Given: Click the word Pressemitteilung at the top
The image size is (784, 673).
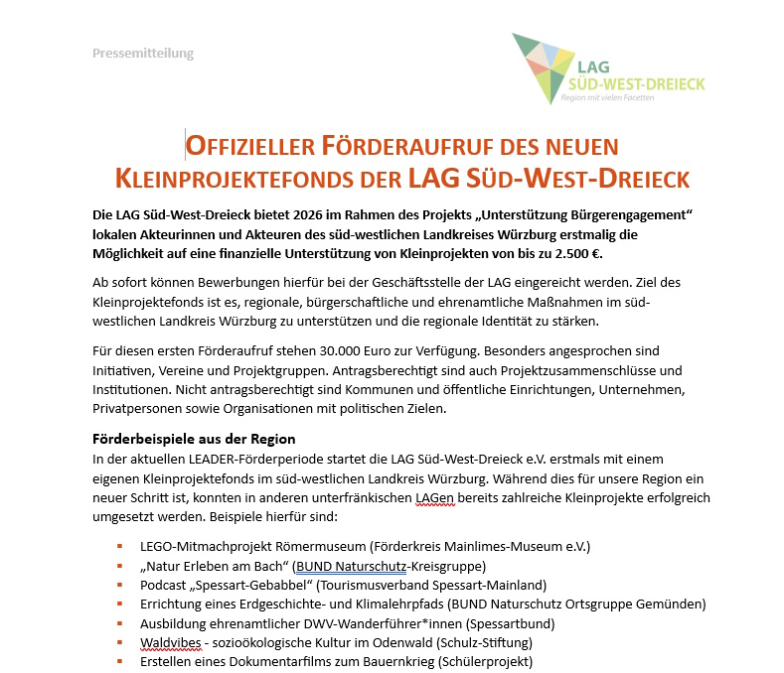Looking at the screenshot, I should pyautogui.click(x=143, y=53).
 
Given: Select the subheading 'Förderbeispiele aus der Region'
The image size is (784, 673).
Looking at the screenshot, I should pyautogui.click(x=194, y=438).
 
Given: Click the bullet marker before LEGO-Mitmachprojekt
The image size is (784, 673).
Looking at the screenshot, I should pyautogui.click(x=119, y=545).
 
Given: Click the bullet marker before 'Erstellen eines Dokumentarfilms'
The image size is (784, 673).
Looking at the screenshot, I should pyautogui.click(x=119, y=661).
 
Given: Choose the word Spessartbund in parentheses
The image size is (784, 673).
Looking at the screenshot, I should pyautogui.click(x=510, y=623).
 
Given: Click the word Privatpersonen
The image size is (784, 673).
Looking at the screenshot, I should pyautogui.click(x=140, y=408).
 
